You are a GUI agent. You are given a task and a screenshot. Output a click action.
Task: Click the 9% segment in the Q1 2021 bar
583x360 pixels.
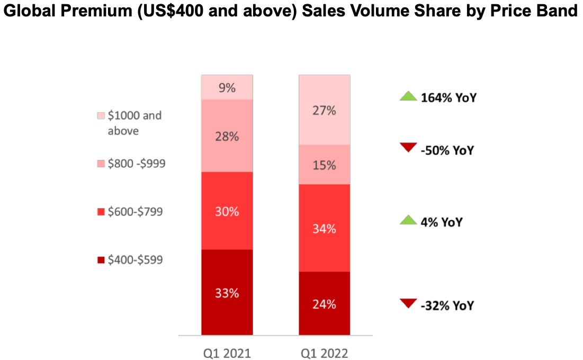227,87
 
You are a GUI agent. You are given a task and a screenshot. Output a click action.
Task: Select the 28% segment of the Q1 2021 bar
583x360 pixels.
227,136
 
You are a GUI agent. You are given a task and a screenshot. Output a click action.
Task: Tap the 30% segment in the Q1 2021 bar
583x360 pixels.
227,211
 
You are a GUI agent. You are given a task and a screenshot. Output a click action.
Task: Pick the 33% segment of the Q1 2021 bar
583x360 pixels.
227,292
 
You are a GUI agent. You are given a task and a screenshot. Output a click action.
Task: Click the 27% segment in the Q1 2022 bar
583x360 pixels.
324,110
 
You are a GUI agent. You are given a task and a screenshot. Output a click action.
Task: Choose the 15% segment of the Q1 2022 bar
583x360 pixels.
324,165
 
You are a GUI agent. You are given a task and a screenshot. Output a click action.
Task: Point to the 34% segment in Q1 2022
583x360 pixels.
324,228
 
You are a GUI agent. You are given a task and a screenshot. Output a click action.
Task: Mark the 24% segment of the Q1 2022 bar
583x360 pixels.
324,303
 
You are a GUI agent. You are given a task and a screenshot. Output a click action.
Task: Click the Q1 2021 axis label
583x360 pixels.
227,353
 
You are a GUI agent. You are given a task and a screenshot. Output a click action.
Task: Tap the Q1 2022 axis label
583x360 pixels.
324,353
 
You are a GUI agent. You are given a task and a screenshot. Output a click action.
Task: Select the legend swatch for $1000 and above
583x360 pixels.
101,115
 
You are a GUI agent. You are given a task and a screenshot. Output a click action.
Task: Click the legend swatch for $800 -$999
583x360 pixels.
101,164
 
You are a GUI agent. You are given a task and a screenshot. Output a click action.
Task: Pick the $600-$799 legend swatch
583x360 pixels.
101,212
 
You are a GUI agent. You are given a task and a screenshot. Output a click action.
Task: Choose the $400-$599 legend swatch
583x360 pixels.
101,260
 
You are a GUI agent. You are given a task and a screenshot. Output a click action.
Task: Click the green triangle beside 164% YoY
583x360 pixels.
408,97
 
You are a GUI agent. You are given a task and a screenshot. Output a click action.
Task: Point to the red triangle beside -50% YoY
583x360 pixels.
408,147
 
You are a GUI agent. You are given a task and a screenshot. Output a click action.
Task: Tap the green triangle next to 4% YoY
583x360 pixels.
408,221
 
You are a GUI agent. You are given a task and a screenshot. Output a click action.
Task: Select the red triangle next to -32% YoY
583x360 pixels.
408,303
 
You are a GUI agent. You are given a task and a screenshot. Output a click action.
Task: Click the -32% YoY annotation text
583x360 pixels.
447,305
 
